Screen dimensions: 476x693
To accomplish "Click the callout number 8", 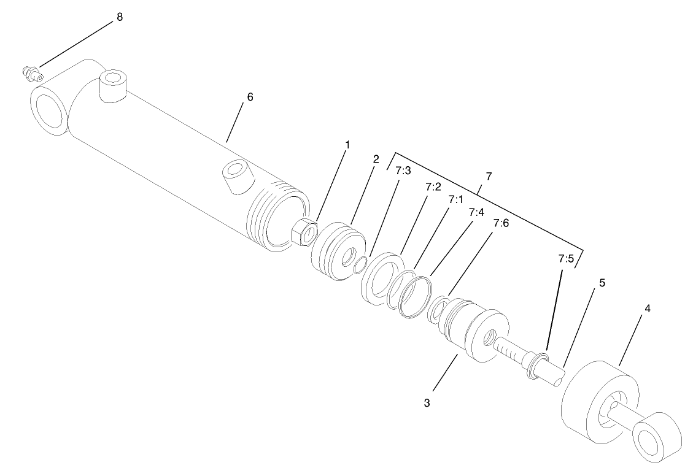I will pos(119,17).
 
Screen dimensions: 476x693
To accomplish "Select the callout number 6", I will pos(250,97).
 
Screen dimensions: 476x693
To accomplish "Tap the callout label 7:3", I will pos(403,171).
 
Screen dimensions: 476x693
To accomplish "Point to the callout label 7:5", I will pos(566,259).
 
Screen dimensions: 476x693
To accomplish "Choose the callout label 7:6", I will pos(501,224).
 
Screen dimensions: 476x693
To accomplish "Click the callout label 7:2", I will pos(433,187).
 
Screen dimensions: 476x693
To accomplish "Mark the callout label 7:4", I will pos(476,212).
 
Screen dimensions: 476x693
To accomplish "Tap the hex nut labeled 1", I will pos(304,232).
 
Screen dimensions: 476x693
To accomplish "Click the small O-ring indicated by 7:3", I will pos(362,263).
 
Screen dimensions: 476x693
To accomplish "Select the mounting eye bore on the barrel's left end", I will pos(48,111).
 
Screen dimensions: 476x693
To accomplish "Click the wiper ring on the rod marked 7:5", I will pos(538,364).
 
